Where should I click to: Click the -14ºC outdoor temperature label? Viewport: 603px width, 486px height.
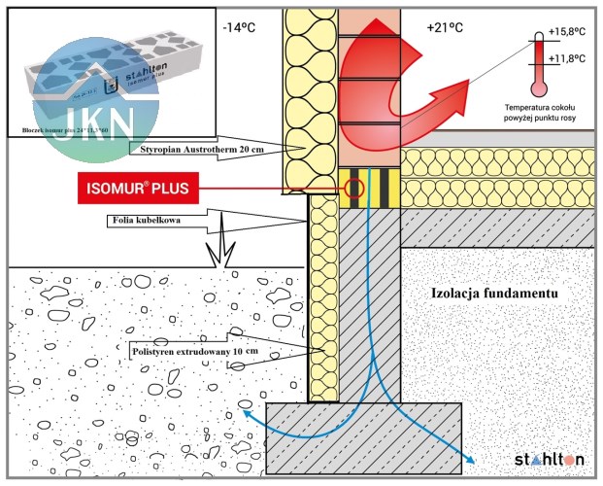pos(239,27)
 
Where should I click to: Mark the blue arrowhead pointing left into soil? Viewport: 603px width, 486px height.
pos(246,413)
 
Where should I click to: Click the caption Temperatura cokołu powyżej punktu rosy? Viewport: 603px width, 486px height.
pos(544,110)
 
